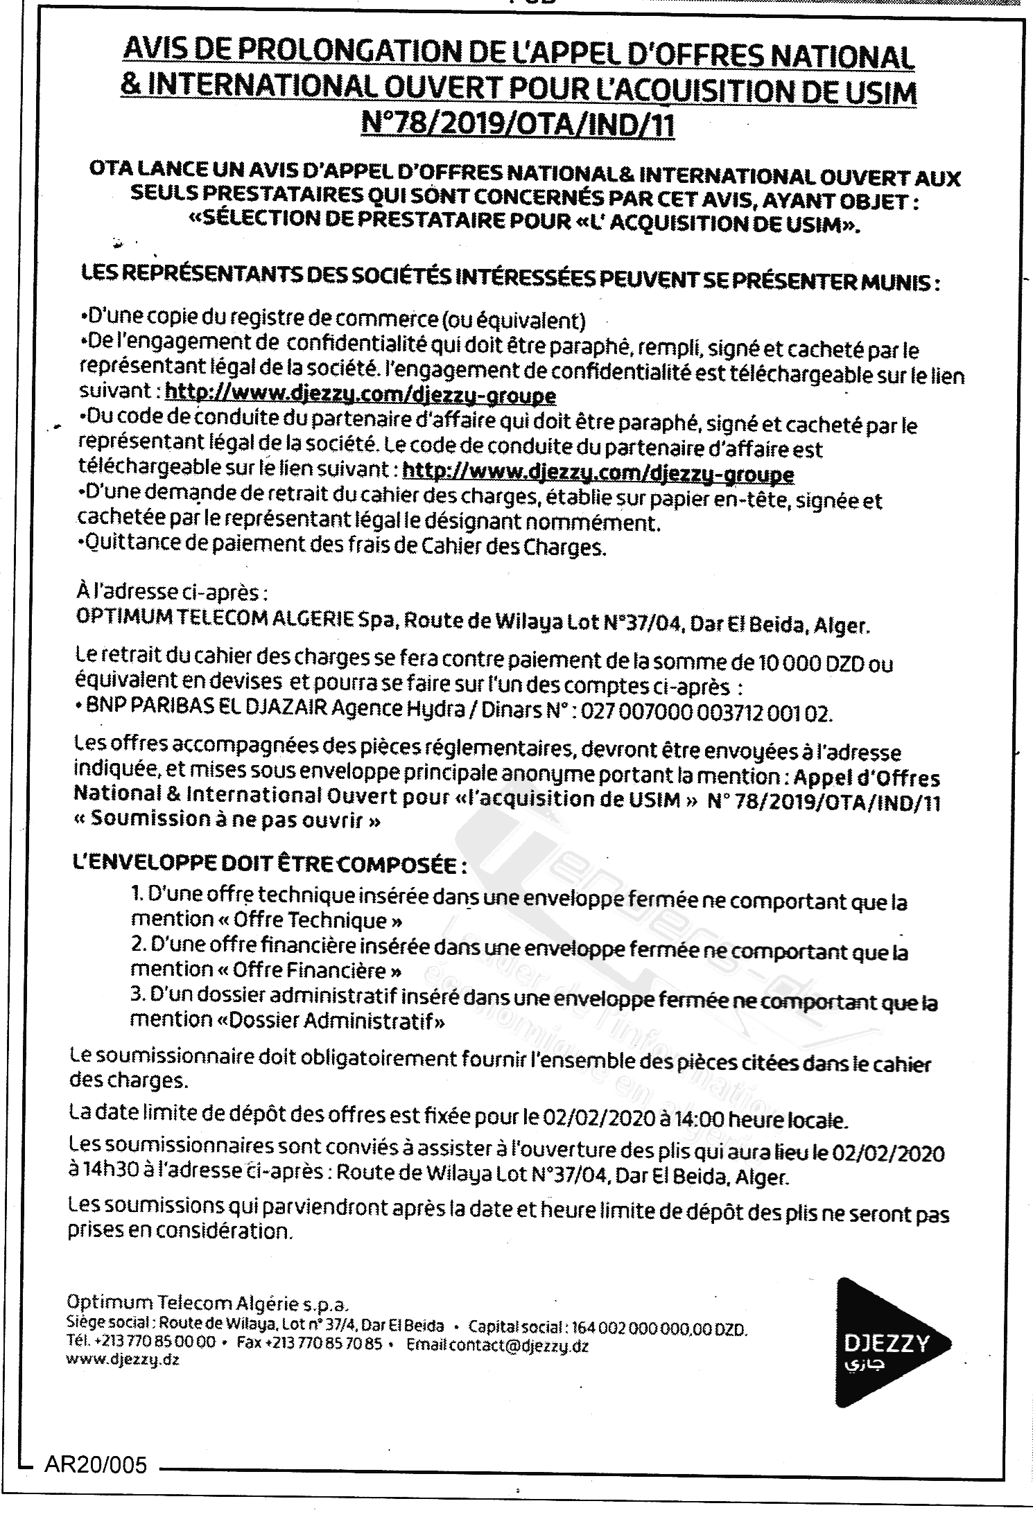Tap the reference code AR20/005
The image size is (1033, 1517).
click(96, 1464)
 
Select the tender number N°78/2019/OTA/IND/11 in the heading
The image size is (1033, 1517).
click(518, 127)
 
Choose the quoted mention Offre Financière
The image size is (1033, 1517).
click(318, 970)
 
